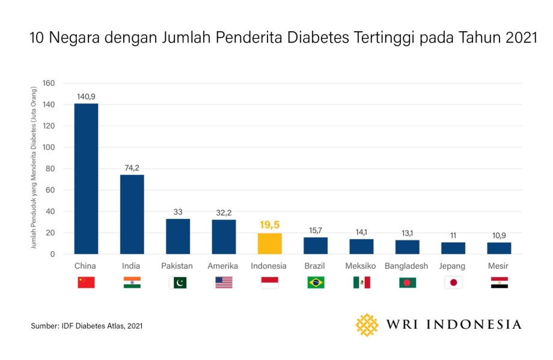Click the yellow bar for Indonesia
270,243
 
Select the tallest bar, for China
86,178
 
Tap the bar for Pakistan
178,236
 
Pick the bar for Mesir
499,248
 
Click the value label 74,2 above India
132,168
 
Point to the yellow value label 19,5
270,225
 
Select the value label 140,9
86,96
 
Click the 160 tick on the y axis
49,83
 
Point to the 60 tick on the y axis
51,190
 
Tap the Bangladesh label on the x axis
406,266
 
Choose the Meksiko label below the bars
361,266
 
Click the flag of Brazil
316,282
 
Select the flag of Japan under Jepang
453,282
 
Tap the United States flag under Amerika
224,282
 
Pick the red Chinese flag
86,282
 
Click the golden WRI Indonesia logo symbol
367,325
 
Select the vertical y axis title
34,168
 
